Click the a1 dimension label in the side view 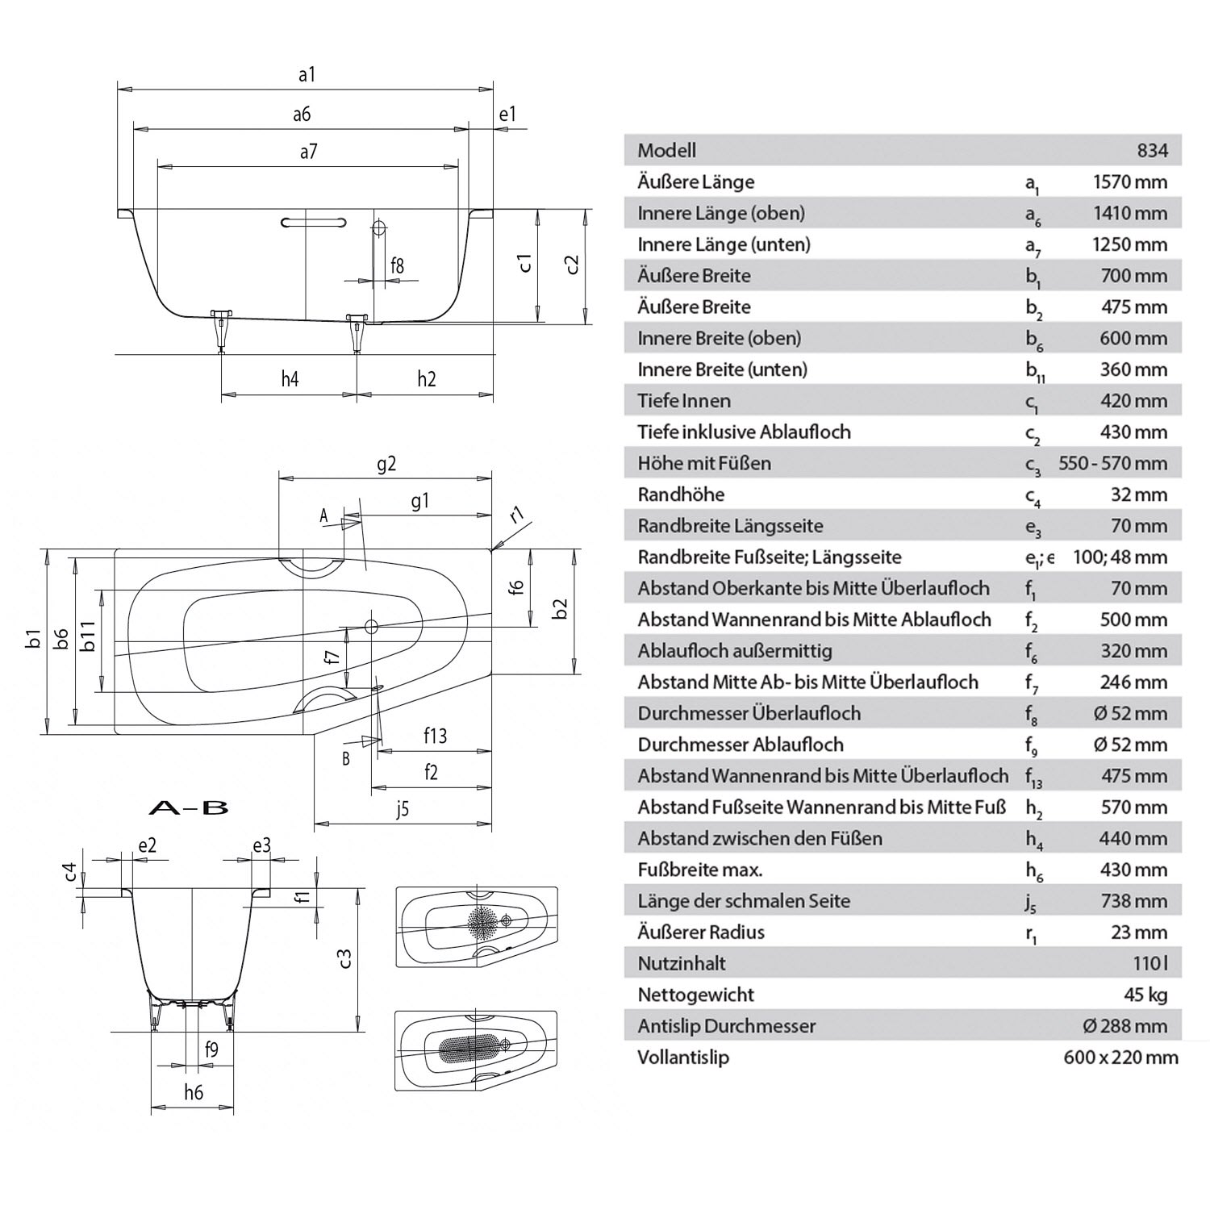tap(307, 75)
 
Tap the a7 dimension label tap(308, 151)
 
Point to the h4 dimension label tap(290, 378)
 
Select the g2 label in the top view tap(386, 464)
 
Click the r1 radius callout tap(517, 514)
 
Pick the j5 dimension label tap(403, 809)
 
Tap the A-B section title tap(190, 807)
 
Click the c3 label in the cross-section tap(344, 958)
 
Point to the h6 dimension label tap(193, 1092)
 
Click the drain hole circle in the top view tap(372, 626)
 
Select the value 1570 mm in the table tap(1129, 182)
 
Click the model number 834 tap(1153, 151)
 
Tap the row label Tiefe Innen tap(684, 401)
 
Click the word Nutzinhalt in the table tap(682, 963)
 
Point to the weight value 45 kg tap(1145, 995)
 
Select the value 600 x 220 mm tap(1120, 1058)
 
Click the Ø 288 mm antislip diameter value tap(1125, 1026)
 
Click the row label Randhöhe tap(681, 494)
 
